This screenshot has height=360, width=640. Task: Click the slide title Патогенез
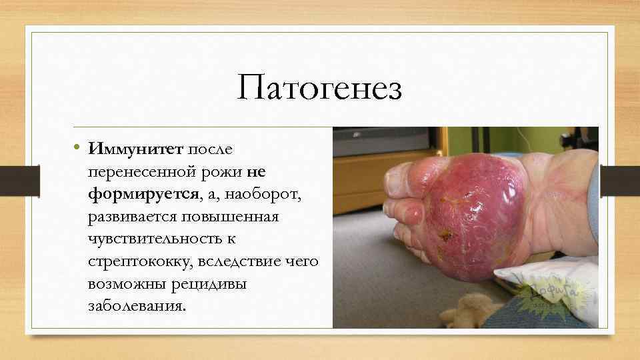tap(319, 89)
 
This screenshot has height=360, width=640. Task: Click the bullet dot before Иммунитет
tap(78, 147)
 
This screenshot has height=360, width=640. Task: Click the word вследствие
tap(242, 261)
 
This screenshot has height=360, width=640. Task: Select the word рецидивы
tap(209, 284)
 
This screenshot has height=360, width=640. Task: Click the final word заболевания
tap(137, 307)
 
